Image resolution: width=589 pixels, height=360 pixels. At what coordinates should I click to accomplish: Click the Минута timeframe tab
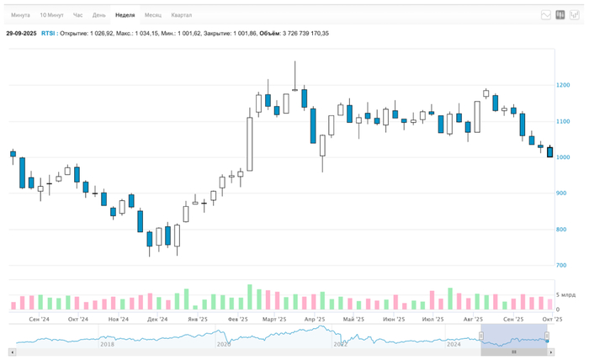coord(20,15)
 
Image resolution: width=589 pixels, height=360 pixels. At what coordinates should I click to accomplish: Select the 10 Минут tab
coord(51,15)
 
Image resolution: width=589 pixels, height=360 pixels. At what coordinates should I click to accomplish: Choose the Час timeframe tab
coord(78,15)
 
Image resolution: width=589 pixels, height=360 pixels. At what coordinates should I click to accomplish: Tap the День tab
coord(99,15)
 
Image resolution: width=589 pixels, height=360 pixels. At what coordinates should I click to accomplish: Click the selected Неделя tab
coord(125,15)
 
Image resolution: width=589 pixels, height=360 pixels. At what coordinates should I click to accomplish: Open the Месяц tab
coord(153,15)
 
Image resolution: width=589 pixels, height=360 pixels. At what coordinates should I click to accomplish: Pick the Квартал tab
coord(181,15)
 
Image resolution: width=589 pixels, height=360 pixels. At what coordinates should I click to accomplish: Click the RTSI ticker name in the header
coord(49,34)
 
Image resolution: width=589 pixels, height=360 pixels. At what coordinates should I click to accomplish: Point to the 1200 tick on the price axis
coord(563,85)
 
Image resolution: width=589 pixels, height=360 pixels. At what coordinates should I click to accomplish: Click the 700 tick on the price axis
coord(561,266)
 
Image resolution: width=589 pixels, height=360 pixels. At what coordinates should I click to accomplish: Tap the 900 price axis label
coord(561,193)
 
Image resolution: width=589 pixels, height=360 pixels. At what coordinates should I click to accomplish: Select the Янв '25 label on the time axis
coord(198,320)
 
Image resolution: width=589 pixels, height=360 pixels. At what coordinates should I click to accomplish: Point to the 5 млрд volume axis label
coord(565,295)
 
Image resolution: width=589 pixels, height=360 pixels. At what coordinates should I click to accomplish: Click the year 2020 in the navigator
coord(224,344)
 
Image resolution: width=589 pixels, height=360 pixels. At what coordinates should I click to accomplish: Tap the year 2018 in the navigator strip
coord(107,344)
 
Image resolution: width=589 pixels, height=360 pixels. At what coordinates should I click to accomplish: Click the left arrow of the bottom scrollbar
coord(12,352)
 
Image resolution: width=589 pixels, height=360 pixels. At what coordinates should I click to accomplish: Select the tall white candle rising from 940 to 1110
coord(250,144)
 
